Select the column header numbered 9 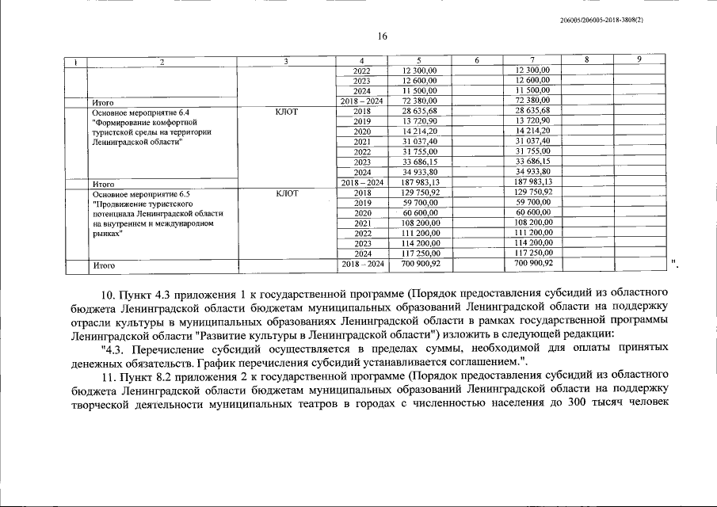pos(639,60)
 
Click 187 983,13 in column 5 pos(420,181)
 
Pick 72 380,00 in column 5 pos(420,101)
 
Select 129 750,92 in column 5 pos(420,193)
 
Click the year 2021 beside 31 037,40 pos(362,141)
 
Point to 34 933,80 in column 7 pos(532,171)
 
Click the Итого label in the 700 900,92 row pos(104,265)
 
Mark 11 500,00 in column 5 pos(420,91)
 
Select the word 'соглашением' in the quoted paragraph pos(465,361)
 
